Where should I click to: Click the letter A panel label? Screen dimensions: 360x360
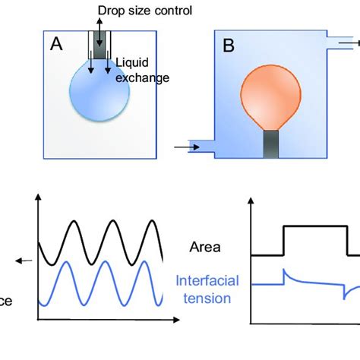56,45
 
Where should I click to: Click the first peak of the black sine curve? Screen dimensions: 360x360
75,222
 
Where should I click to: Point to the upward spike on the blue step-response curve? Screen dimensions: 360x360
284,271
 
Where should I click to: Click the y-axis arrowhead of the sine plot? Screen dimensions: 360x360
35,199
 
